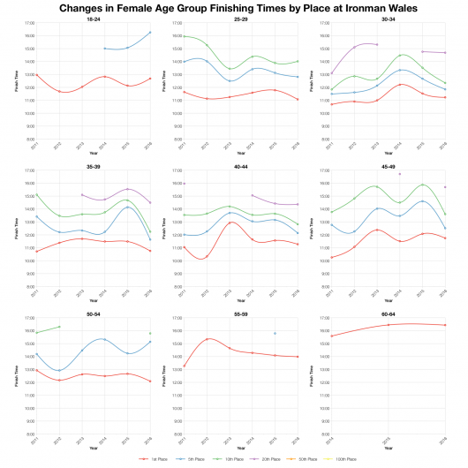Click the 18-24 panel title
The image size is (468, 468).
pyautogui.click(x=93, y=18)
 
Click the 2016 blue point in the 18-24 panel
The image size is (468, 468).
pyautogui.click(x=150, y=33)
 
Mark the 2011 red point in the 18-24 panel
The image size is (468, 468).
pyautogui.click(x=36, y=75)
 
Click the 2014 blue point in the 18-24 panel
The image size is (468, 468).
pyautogui.click(x=104, y=49)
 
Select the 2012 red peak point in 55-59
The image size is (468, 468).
pyautogui.click(x=206, y=339)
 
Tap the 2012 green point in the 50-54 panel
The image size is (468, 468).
pyautogui.click(x=58, y=327)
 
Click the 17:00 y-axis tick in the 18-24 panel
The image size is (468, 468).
pyautogui.click(x=28, y=23)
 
